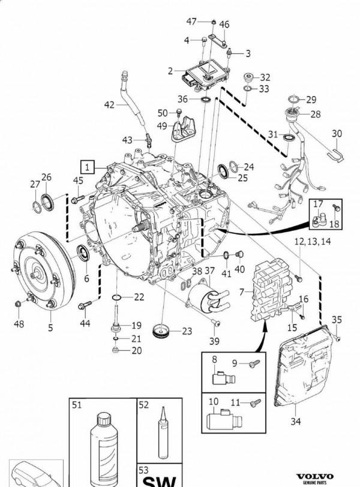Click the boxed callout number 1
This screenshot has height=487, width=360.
pos(88,166)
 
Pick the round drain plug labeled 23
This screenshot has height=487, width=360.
pos(161,330)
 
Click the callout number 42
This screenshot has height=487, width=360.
pos(109,105)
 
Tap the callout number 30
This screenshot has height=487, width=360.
pos(337,133)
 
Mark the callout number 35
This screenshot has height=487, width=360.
pos(337,319)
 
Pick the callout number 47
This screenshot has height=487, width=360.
pos(191,21)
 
